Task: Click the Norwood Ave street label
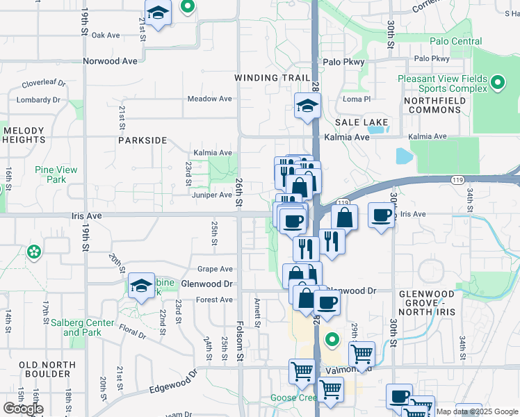coord(111,61)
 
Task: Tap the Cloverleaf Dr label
coord(43,83)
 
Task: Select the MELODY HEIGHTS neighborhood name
coord(24,135)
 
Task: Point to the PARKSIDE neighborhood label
coord(143,140)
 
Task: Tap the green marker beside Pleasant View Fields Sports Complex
coord(497,84)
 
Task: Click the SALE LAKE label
coord(361,122)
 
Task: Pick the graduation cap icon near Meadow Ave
coord(306,106)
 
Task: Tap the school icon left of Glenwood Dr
coord(141,286)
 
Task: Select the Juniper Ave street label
coord(211,195)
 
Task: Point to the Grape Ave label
coord(215,269)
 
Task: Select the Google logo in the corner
coord(23,409)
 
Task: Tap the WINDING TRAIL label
coord(272,78)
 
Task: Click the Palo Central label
coord(455,42)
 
